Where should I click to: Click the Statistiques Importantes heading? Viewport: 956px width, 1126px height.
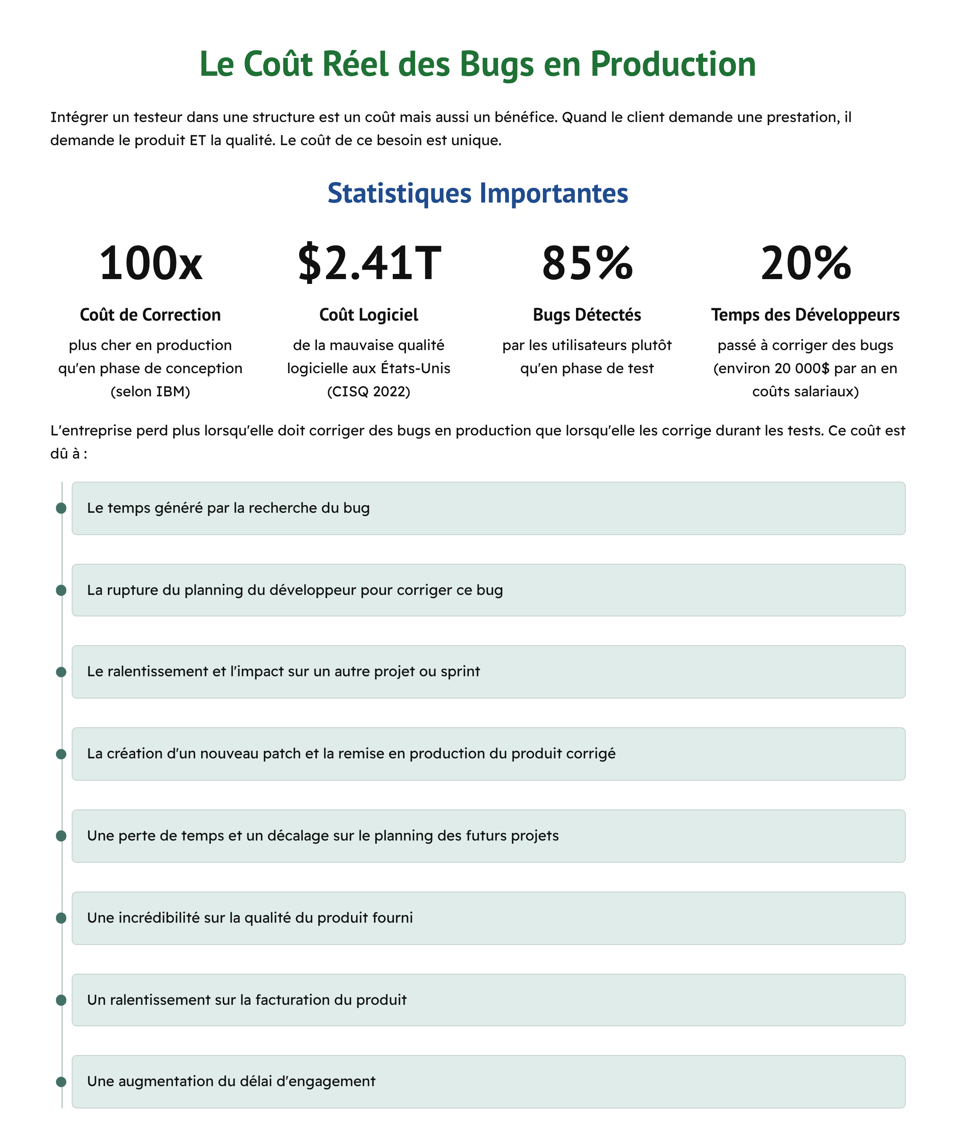tap(478, 193)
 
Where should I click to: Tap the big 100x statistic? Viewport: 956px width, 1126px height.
tap(151, 263)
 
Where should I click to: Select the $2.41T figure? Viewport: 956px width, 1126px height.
tap(369, 263)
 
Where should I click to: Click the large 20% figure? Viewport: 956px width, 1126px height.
tap(805, 263)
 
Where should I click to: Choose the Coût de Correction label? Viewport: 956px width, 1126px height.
tap(150, 315)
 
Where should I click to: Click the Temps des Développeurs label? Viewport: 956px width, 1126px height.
tap(805, 315)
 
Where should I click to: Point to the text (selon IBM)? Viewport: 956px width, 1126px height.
tap(150, 392)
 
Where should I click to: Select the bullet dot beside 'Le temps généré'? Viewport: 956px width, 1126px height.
tap(61, 508)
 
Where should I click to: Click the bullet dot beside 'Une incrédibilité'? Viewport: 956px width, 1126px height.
tap(61, 918)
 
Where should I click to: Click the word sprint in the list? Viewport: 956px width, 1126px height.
tap(460, 671)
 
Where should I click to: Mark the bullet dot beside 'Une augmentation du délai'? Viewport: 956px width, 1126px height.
tap(61, 1081)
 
